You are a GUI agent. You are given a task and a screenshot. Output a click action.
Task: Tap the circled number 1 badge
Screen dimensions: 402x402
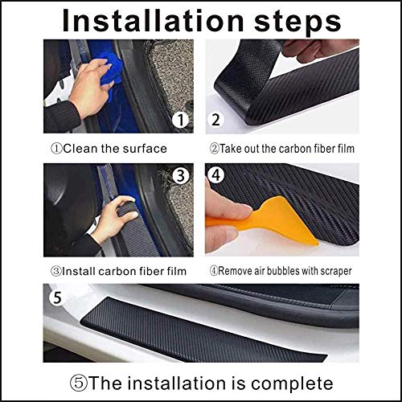coord(183,121)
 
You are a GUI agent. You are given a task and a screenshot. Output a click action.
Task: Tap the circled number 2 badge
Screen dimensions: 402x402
coord(216,121)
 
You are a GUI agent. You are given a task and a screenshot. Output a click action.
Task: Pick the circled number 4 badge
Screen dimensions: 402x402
coord(216,175)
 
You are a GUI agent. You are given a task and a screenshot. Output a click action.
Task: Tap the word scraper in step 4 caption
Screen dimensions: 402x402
coord(330,271)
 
